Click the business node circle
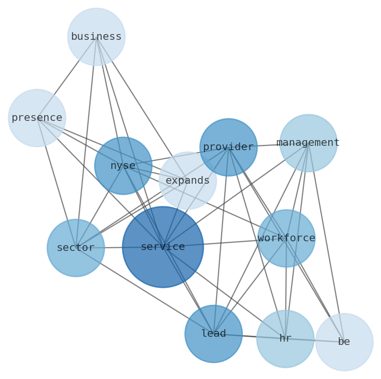click(96, 36)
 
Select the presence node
click(37, 118)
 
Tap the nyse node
click(123, 166)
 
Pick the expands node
click(188, 180)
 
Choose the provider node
click(228, 147)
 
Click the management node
click(308, 143)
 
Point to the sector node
click(76, 248)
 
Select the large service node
click(163, 247)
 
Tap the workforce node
click(286, 238)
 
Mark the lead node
click(214, 333)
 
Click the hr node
click(285, 339)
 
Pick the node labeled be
click(344, 342)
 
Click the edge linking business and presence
click(67, 77)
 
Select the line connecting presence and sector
click(56, 182)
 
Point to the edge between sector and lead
click(144, 290)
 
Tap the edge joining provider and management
click(268, 145)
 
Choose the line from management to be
click(326, 242)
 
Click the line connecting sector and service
click(113, 248)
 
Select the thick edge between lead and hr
click(250, 336)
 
